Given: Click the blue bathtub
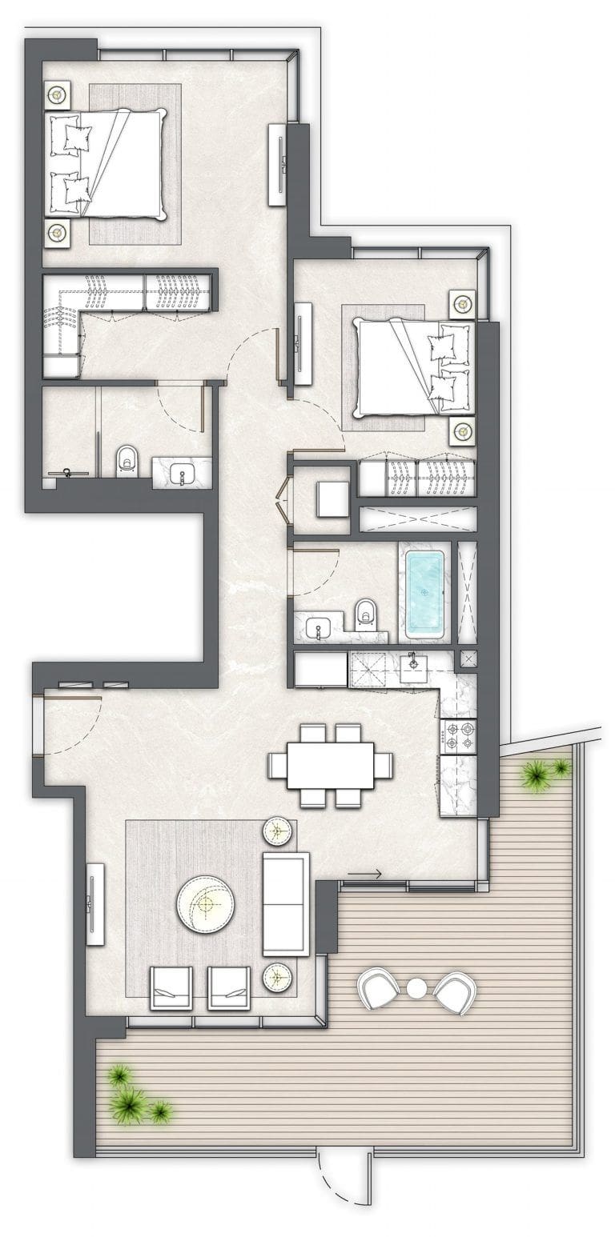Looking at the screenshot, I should coord(424,594).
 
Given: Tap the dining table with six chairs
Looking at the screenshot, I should coord(330,766).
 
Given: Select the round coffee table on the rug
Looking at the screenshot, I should coord(206,904).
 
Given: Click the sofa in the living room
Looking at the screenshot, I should coord(285,904).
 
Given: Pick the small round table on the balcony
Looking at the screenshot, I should coord(416,989).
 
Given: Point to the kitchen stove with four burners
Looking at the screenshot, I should coord(458,736).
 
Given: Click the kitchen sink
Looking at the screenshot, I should coord(414,667).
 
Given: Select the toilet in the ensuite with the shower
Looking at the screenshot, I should coord(127,462).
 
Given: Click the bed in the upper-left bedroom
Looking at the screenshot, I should coord(112,165).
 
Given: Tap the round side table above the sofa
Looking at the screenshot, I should coord(277,831).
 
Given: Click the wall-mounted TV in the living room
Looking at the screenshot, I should coord(94,904).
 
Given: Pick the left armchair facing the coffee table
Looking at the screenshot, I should coord(171,987).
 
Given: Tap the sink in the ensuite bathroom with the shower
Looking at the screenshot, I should coord(183,473).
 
